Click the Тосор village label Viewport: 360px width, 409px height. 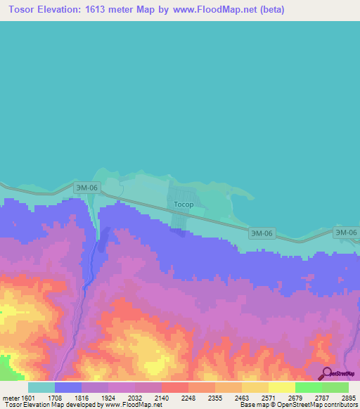tap(184, 205)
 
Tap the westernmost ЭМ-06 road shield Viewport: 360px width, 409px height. tap(88, 188)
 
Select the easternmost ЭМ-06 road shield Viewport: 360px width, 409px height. tap(345, 233)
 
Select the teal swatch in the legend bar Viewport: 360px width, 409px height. tap(41, 387)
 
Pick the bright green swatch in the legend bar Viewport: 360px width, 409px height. tap(308, 387)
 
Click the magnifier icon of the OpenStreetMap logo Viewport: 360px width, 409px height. tap(326, 373)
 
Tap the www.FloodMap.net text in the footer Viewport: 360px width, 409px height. tap(132, 405)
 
